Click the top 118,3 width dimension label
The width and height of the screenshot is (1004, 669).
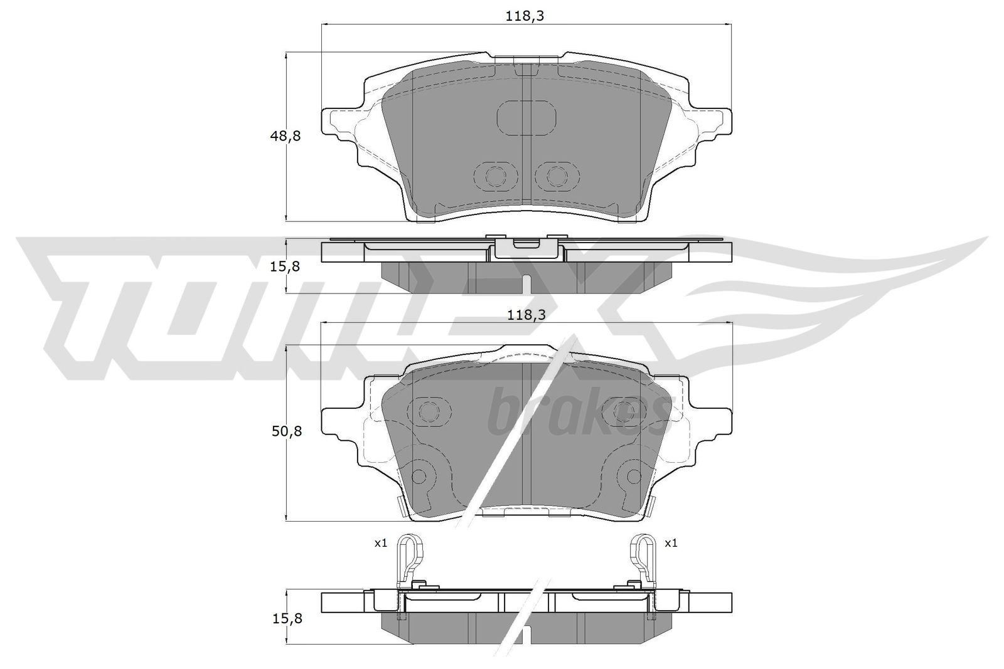pyautogui.click(x=525, y=17)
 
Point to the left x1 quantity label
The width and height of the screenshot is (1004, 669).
pyautogui.click(x=381, y=543)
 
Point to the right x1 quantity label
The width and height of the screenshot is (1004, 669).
pyautogui.click(x=671, y=543)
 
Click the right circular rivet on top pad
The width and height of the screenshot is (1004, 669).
pyautogui.click(x=555, y=176)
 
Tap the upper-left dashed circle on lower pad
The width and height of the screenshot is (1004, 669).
pyautogui.click(x=429, y=412)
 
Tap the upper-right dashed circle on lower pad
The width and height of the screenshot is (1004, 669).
pyautogui.click(x=624, y=412)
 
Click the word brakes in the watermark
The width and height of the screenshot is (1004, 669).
pyautogui.click(x=577, y=414)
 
